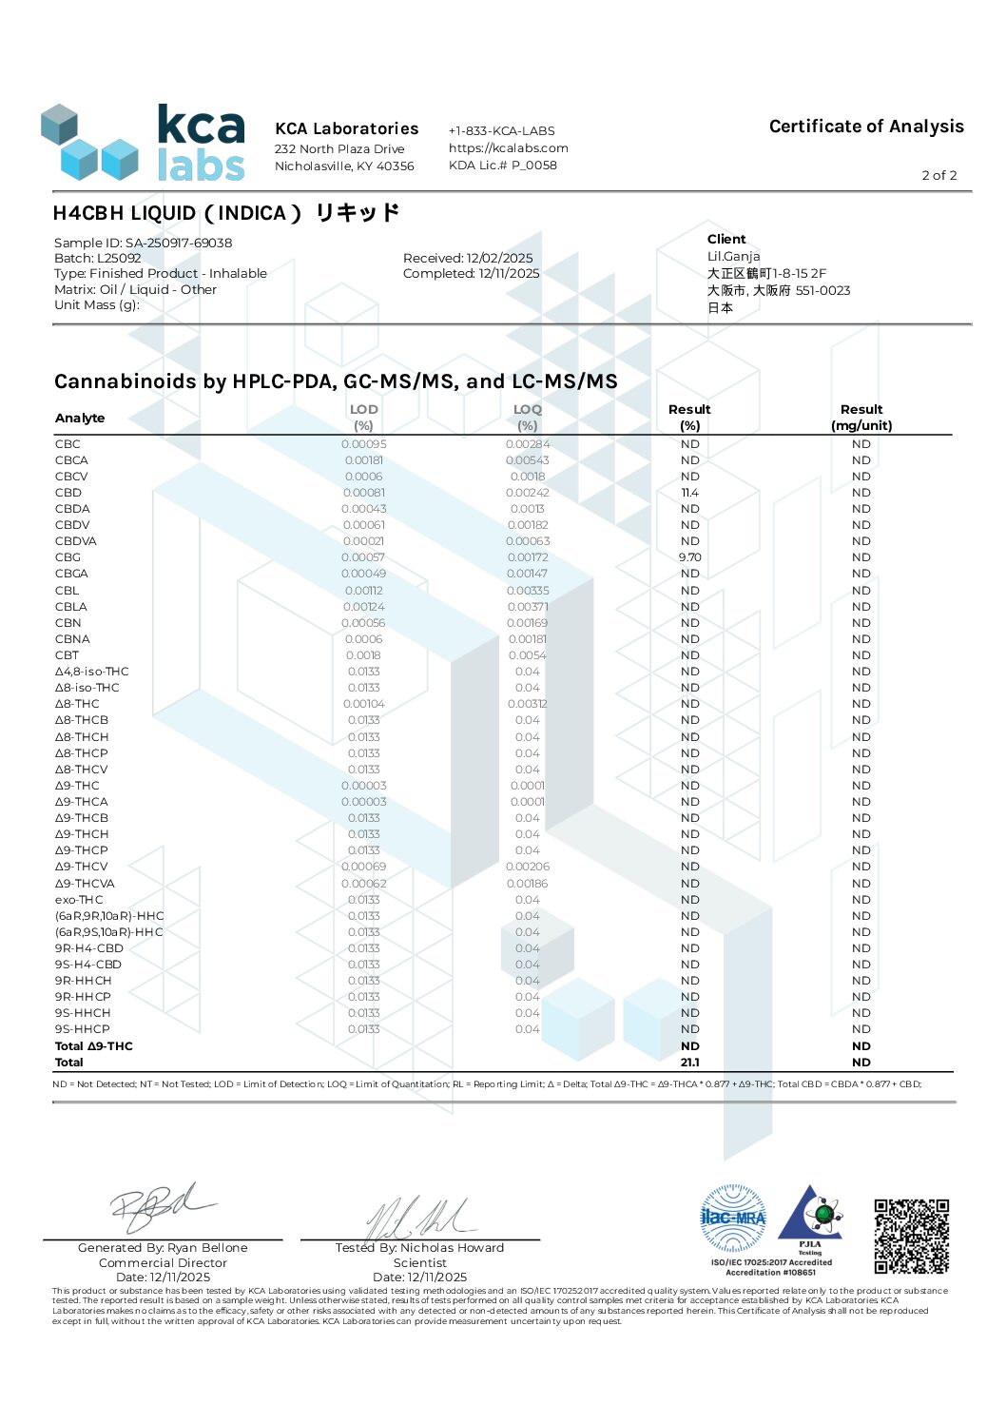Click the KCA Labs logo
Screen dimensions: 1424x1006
pos(144,143)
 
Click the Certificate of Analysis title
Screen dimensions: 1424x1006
pos(865,127)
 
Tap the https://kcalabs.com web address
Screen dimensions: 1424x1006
pos(508,147)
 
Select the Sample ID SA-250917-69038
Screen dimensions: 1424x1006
pos(143,243)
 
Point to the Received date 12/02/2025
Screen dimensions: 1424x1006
pos(468,258)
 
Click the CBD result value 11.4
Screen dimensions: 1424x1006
pos(689,493)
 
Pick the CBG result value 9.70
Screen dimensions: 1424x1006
pos(689,557)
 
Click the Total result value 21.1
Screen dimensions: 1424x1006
pos(689,1063)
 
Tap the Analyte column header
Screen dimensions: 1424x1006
pos(80,418)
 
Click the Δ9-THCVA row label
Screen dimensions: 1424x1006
pos(85,884)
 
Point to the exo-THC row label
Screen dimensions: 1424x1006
pos(79,900)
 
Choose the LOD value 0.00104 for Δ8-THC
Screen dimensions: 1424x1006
pos(363,704)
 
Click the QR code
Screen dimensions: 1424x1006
pos(911,1236)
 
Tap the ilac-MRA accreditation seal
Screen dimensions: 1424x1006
pos(732,1218)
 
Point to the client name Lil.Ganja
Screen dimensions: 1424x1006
pos(733,256)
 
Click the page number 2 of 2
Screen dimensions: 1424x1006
pos(938,175)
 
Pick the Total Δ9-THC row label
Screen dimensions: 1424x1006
pos(93,1046)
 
